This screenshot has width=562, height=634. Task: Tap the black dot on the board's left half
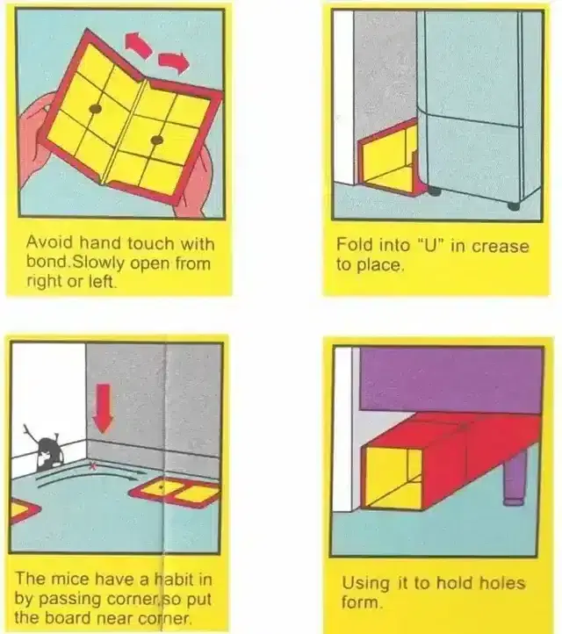tap(95, 109)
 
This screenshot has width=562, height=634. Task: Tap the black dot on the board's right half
tap(156, 140)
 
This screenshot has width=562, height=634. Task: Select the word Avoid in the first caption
tap(47, 241)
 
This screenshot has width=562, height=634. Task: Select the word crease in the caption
tap(502, 245)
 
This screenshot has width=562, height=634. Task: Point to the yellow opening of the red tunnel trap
tap(392, 474)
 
